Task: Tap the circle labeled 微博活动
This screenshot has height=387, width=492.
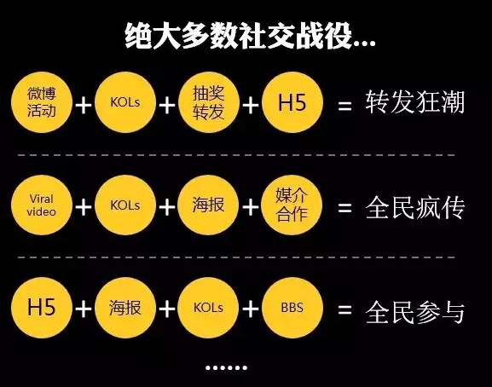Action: (x=42, y=102)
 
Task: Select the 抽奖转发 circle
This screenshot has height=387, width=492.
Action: (x=209, y=102)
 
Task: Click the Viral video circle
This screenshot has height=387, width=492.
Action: (x=42, y=205)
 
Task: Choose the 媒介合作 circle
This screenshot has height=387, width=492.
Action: (x=292, y=205)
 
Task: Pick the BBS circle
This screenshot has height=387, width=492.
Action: (x=292, y=308)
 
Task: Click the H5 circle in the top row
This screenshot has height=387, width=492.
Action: (x=292, y=102)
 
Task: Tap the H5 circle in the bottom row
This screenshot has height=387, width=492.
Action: (x=42, y=308)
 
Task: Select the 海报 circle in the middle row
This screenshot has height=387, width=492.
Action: (x=208, y=205)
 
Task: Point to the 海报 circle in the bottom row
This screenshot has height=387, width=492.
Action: (x=125, y=308)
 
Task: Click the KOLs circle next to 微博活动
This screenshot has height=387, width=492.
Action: (x=125, y=102)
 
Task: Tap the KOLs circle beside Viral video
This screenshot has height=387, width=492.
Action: (x=125, y=205)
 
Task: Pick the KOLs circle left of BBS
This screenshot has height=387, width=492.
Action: (x=208, y=308)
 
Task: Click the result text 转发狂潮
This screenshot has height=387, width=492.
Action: (x=414, y=102)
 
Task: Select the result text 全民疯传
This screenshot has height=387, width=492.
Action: (x=414, y=207)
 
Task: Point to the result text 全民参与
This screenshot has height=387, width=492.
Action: (x=414, y=312)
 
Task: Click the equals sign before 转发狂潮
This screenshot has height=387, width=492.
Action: (x=344, y=106)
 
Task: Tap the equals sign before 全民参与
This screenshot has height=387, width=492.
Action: (x=344, y=310)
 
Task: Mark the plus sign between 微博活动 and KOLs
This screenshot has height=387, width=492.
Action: (x=84, y=106)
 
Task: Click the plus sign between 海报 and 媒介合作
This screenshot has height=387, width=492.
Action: (x=251, y=208)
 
